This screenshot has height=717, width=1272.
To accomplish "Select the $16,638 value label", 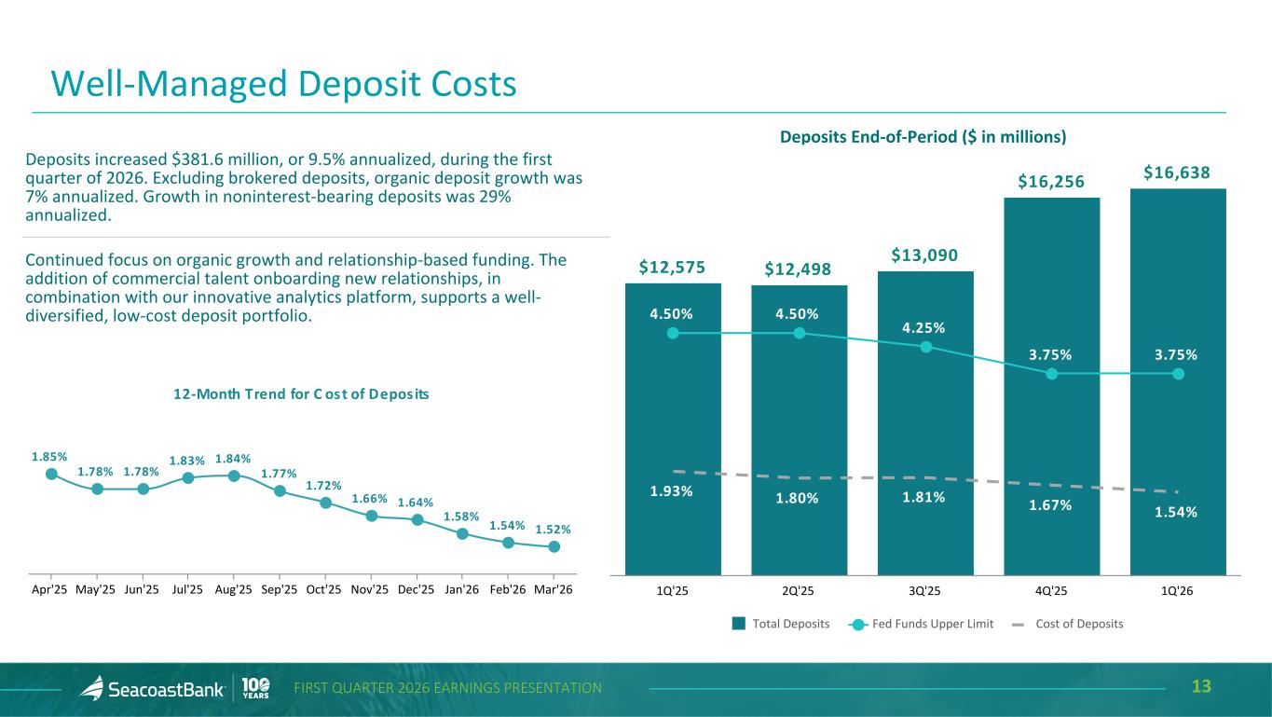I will click(x=1177, y=172).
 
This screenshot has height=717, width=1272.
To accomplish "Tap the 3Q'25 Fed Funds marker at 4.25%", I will click(x=925, y=347).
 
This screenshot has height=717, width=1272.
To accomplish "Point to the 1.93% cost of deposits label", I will click(x=671, y=491).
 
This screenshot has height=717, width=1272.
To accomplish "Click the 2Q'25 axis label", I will click(x=799, y=591).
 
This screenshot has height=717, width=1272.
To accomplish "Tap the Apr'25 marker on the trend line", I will click(x=51, y=474).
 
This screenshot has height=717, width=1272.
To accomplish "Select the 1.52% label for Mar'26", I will click(x=554, y=529).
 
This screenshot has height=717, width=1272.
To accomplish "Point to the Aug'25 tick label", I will click(x=233, y=590).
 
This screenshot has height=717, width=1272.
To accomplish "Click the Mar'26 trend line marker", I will click(x=554, y=546).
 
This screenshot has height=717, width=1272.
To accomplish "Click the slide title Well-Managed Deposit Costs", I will click(x=283, y=84).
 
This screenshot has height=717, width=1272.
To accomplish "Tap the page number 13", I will click(x=1201, y=687).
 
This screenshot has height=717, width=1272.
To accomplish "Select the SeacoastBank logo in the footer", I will click(x=153, y=688).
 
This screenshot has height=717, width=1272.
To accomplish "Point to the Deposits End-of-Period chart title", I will click(x=923, y=137).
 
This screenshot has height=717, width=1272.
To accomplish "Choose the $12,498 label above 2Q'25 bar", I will click(x=799, y=270).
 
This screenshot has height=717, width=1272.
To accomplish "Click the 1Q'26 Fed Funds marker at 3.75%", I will click(x=1178, y=374).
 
